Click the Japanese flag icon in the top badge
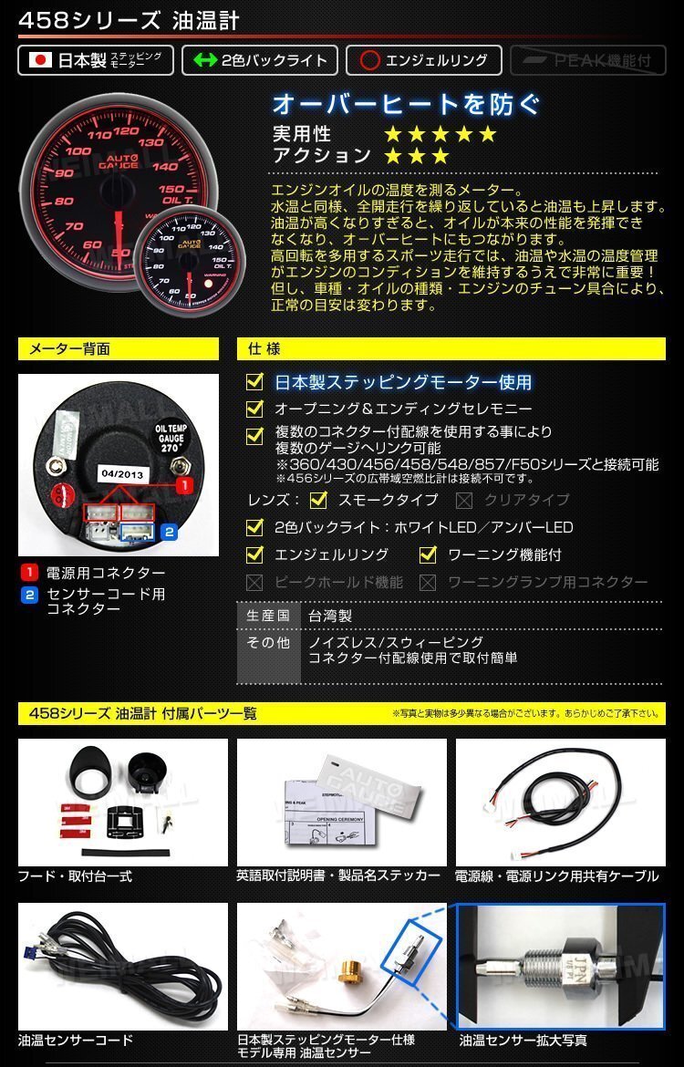click(39, 61)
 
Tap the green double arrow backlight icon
click(203, 61)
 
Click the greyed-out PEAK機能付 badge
click(587, 61)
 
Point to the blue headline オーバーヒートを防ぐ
click(406, 103)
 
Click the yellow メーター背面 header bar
click(119, 349)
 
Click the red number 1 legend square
click(29, 573)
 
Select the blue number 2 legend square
click(29, 595)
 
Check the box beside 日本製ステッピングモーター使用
click(255, 381)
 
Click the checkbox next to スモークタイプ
click(318, 500)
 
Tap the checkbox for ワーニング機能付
click(428, 554)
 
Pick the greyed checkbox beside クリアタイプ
click(464, 500)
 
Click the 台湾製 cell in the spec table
click(329, 616)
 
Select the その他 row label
click(268, 643)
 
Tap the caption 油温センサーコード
click(76, 1040)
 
